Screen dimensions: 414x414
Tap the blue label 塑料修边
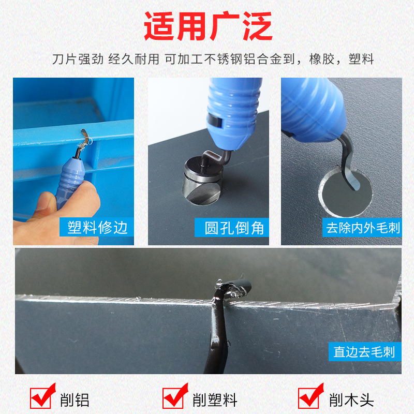pos(97,227)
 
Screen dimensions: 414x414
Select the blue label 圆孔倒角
pos(234,227)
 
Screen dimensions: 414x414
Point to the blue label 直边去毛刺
pos(364,352)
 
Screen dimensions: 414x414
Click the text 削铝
pos(76,400)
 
